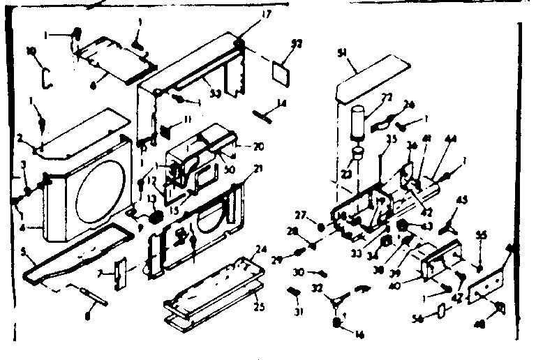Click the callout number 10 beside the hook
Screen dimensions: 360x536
click(x=31, y=51)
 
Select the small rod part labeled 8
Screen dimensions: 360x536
click(x=90, y=294)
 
